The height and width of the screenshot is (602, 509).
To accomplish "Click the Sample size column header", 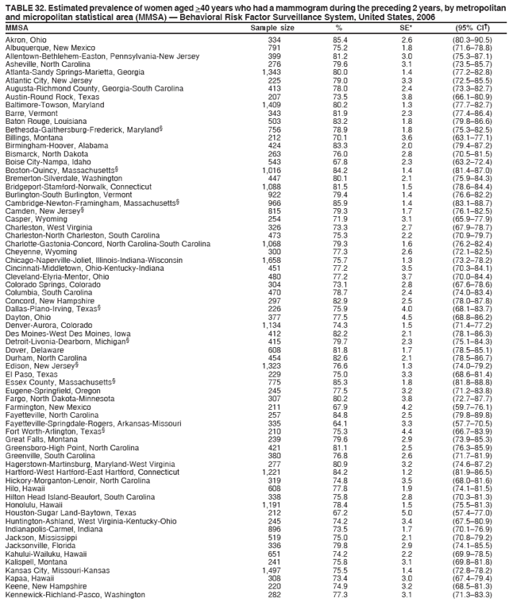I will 272,28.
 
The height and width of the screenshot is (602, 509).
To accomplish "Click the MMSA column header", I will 17,28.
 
